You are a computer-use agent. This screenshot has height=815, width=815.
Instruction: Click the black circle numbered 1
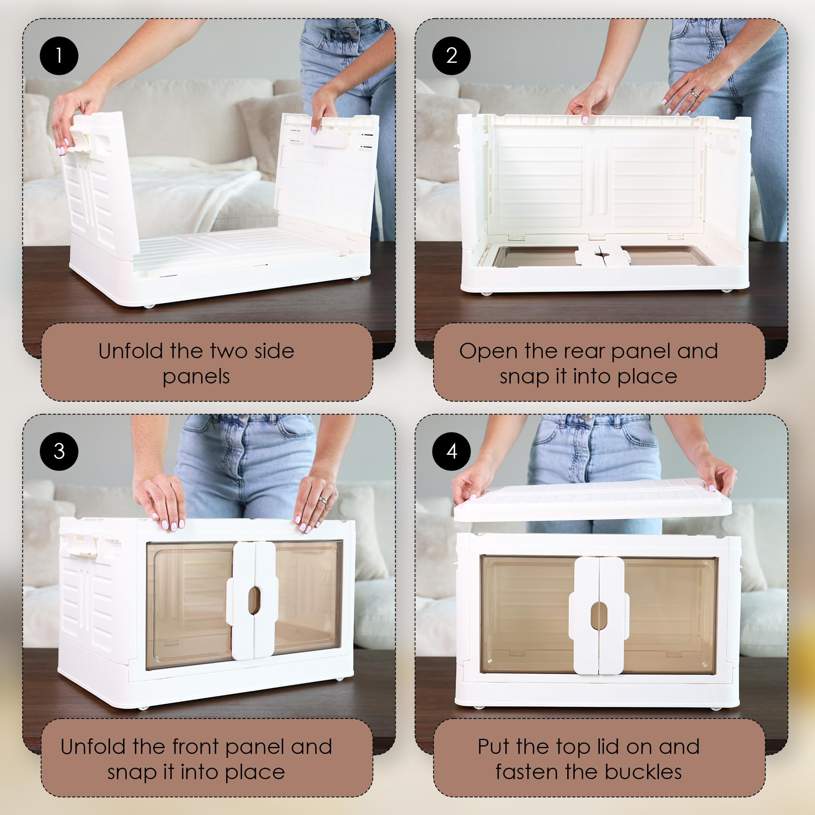click(59, 56)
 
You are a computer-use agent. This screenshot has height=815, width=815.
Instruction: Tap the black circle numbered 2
click(452, 56)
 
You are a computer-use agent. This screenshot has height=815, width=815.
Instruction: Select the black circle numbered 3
click(59, 452)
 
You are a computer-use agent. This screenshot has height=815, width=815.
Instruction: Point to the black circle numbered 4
click(452, 452)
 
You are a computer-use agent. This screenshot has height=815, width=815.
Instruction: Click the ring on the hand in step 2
click(694, 94)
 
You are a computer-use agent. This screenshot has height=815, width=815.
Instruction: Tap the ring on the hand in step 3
click(323, 500)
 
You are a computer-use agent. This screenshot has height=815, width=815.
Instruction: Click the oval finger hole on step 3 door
click(253, 600)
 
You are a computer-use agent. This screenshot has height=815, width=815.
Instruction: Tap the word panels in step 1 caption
click(196, 377)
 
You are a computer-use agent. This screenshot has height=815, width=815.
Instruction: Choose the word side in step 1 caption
click(274, 351)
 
